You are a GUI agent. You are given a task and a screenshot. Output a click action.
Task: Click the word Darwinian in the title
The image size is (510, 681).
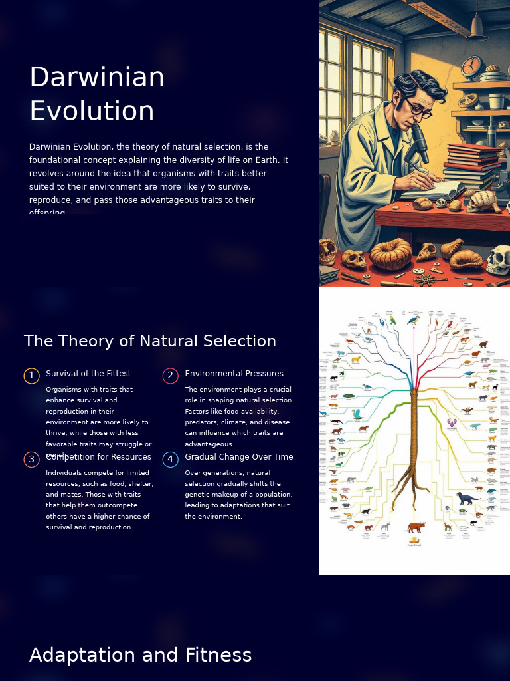[x=97, y=78]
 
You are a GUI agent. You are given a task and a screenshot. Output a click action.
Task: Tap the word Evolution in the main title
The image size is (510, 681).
[x=92, y=111]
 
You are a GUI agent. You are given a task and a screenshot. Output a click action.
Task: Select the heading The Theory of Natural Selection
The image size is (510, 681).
[x=150, y=341]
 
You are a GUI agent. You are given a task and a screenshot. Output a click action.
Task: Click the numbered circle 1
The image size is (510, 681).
[x=31, y=376]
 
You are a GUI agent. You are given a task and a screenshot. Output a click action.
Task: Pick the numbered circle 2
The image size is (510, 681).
[x=170, y=376]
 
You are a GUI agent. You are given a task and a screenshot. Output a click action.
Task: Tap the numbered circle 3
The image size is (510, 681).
[x=31, y=460]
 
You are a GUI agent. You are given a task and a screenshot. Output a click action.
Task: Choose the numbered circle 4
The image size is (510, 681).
[x=170, y=460]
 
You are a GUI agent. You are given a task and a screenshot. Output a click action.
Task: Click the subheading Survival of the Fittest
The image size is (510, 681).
[x=88, y=374]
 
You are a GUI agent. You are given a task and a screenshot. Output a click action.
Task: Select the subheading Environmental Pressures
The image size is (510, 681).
[x=234, y=374]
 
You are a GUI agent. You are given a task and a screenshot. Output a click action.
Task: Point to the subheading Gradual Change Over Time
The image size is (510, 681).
[x=238, y=457]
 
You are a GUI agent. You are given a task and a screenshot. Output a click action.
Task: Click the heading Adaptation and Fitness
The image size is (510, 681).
[x=140, y=655]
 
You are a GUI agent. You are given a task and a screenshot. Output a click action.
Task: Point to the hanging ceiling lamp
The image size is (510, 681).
[x=476, y=27]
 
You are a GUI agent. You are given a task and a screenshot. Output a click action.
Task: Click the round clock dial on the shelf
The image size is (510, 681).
[x=472, y=67]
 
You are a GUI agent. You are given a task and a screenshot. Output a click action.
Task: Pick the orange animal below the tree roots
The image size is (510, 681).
[x=416, y=527]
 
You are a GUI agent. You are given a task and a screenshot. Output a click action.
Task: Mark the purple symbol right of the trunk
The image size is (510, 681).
[x=452, y=424]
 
